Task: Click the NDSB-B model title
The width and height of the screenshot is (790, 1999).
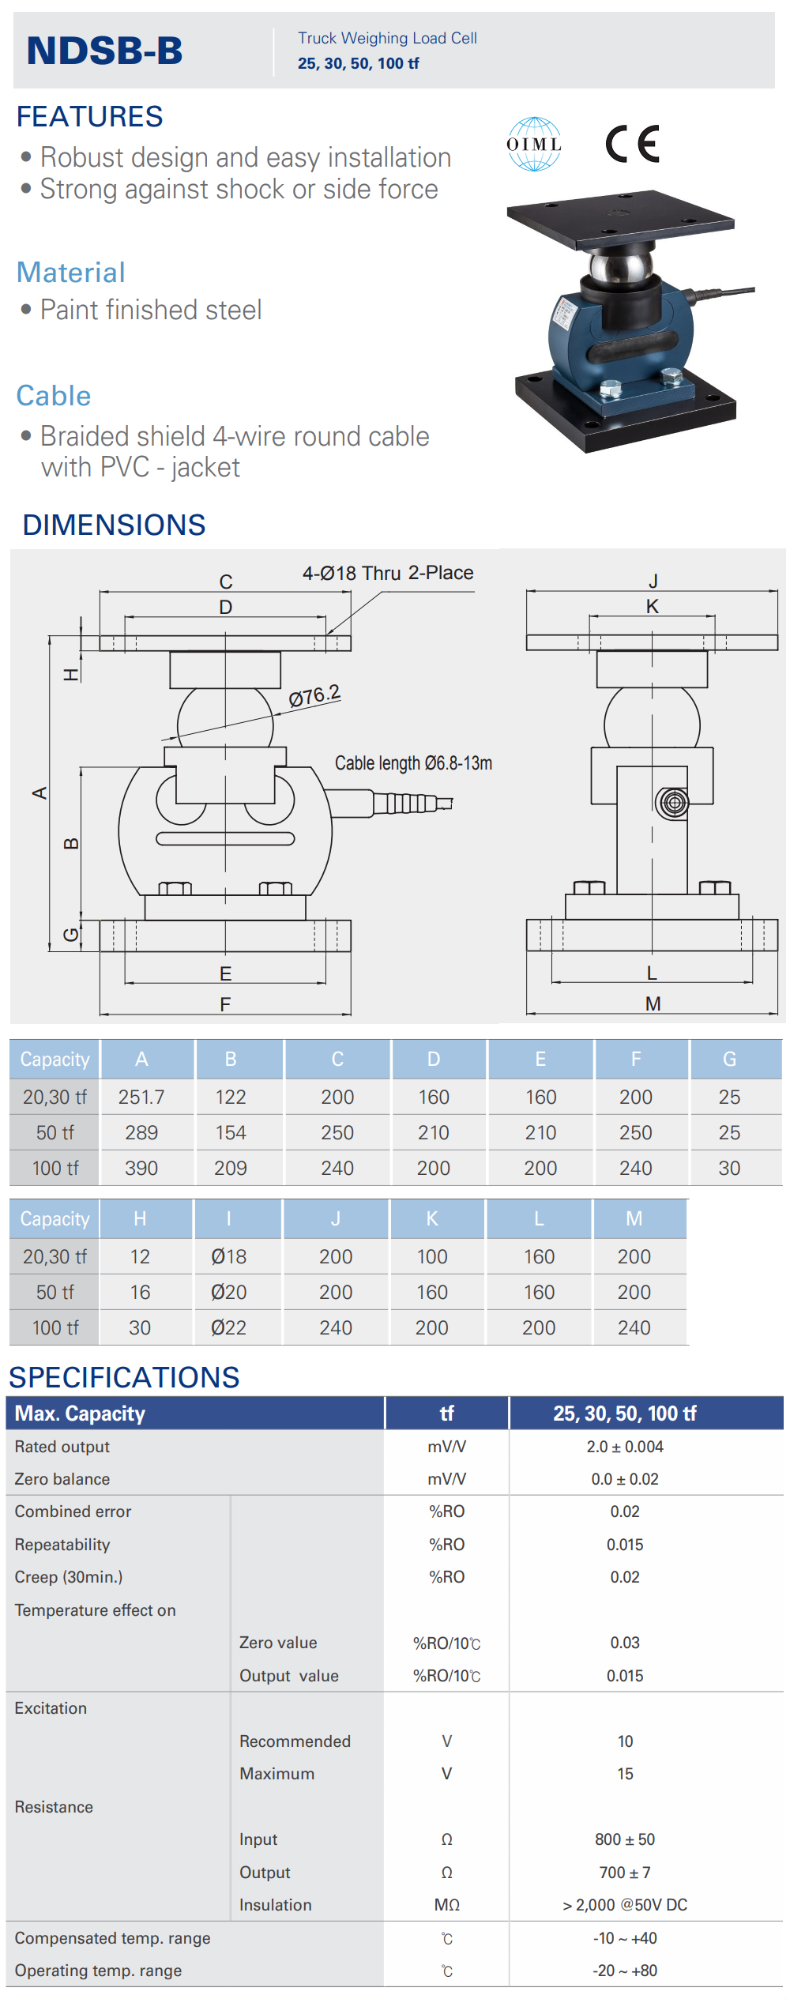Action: click(104, 51)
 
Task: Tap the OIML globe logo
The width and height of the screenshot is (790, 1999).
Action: click(534, 144)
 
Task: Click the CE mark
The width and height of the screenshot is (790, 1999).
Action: click(632, 144)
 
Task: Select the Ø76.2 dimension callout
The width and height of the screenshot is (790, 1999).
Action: click(314, 696)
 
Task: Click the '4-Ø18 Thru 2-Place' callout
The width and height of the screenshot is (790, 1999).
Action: click(388, 573)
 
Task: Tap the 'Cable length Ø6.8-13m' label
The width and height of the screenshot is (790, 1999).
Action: click(413, 763)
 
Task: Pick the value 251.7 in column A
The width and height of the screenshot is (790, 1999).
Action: click(141, 1097)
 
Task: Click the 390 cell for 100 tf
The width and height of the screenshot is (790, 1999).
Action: click(141, 1168)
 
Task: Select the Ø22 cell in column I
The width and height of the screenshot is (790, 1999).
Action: click(228, 1327)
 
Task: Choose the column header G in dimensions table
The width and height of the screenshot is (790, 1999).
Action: click(729, 1059)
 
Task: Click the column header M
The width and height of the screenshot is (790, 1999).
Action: click(634, 1218)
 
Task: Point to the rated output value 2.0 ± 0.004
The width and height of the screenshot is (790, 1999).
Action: click(625, 1446)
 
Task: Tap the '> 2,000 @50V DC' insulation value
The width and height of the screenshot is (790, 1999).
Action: click(625, 1904)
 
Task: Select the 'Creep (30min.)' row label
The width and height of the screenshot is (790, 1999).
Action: click(69, 1576)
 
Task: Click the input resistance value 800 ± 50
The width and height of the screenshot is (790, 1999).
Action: click(625, 1839)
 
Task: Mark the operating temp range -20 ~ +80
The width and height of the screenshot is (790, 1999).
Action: click(625, 1970)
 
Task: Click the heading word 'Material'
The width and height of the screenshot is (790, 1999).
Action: click(71, 273)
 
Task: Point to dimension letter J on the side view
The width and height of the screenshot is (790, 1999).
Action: click(653, 582)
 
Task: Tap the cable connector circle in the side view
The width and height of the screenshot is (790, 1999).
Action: click(673, 803)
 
